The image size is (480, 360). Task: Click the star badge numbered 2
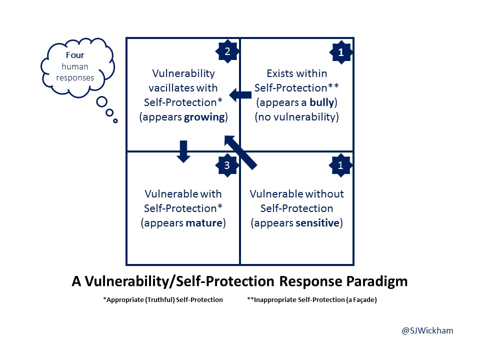click(x=227, y=51)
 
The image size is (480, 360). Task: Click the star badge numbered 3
click(x=227, y=166)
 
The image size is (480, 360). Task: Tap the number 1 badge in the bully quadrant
click(x=341, y=51)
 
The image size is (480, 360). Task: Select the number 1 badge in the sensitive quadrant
click(x=341, y=166)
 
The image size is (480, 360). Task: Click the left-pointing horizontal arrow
click(x=240, y=95)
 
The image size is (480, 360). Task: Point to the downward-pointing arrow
click(x=183, y=151)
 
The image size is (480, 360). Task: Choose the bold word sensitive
click(x=317, y=222)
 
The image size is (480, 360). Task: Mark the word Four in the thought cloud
click(x=75, y=55)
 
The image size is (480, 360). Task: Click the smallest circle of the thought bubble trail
click(x=115, y=120)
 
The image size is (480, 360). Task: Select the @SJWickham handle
click(x=427, y=330)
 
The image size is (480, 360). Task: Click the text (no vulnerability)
click(x=297, y=117)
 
